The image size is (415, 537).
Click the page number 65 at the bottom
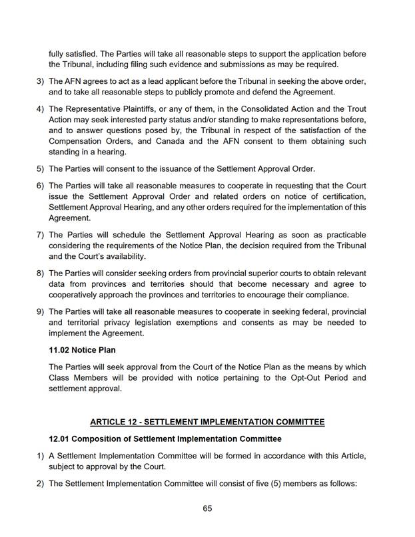click(207, 508)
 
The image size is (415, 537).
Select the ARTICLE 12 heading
click(207, 421)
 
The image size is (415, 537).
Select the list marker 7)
click(40, 235)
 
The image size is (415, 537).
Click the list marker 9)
click(40, 312)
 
